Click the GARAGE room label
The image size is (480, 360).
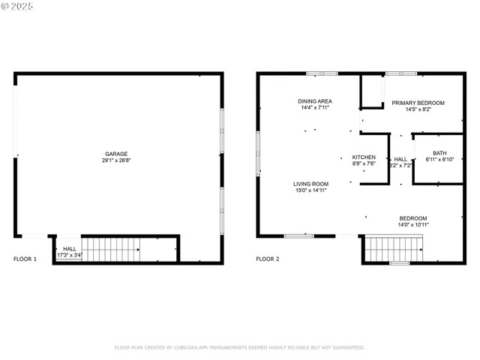pyautogui.click(x=116, y=153)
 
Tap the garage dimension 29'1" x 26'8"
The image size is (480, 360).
pyautogui.click(x=116, y=160)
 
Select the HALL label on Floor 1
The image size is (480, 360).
pyautogui.click(x=70, y=249)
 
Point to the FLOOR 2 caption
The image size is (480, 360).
pyautogui.click(x=268, y=259)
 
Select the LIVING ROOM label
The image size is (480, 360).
pyautogui.click(x=310, y=184)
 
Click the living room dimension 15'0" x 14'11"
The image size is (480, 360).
pyautogui.click(x=310, y=190)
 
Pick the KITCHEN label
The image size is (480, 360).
pyautogui.click(x=364, y=157)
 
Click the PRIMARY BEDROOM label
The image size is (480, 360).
pyautogui.click(x=418, y=103)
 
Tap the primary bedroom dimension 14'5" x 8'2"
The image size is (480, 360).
pyautogui.click(x=418, y=109)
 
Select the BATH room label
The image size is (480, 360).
pyautogui.click(x=439, y=152)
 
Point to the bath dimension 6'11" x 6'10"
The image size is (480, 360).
pyautogui.click(x=439, y=159)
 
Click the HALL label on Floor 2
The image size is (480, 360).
pyautogui.click(x=400, y=159)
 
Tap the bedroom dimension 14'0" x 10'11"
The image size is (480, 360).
pyautogui.click(x=413, y=225)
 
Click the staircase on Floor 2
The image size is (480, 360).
pyautogui.click(x=393, y=247)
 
